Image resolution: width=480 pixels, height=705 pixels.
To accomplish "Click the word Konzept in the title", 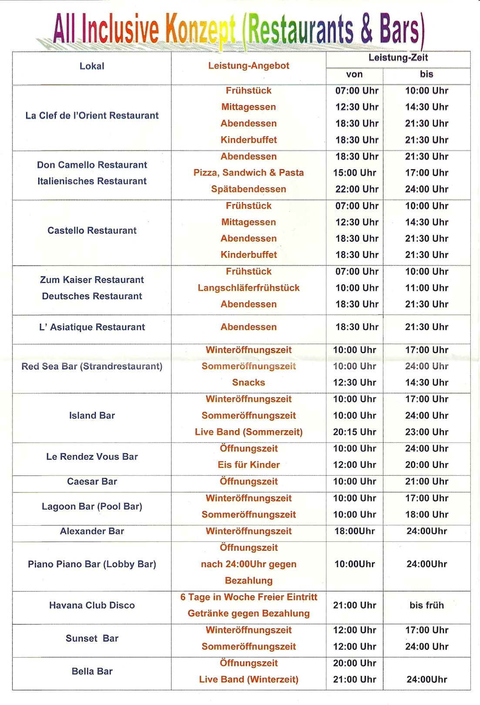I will tap(201, 29).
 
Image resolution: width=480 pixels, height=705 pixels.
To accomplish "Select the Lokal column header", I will tap(92, 66).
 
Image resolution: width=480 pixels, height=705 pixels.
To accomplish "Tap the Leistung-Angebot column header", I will tap(248, 66).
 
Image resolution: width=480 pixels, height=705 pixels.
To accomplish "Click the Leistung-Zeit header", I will tap(398, 58).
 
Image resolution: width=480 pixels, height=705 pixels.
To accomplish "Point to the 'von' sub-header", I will tap(354, 74).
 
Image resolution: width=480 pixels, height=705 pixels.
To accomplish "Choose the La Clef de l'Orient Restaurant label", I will tap(92, 116).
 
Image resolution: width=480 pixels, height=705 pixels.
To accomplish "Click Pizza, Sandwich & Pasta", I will tap(248, 173).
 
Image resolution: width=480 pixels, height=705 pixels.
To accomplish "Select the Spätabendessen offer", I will tap(248, 189).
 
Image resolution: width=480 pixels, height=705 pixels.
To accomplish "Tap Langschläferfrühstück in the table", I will tap(248, 288).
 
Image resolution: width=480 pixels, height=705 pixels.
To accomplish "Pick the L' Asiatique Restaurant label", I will tap(92, 327).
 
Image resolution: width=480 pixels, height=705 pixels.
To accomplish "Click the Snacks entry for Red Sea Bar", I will tap(248, 383).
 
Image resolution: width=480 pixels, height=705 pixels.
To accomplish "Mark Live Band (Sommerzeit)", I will tap(248, 432).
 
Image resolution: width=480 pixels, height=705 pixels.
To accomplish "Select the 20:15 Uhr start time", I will tap(355, 432).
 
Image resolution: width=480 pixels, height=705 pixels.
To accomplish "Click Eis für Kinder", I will tap(248, 465).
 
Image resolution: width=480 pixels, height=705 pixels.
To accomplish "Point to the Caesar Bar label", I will tap(92, 482).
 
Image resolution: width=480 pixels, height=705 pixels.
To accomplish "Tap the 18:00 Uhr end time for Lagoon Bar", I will tap(426, 515).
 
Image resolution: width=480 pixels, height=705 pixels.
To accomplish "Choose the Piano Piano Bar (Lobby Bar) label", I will tap(92, 564).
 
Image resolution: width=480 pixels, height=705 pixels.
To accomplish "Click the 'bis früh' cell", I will tap(426, 605).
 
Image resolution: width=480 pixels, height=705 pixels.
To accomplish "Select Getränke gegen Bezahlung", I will tap(248, 614).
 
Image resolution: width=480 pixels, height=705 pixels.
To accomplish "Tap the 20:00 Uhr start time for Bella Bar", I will tap(355, 663).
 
